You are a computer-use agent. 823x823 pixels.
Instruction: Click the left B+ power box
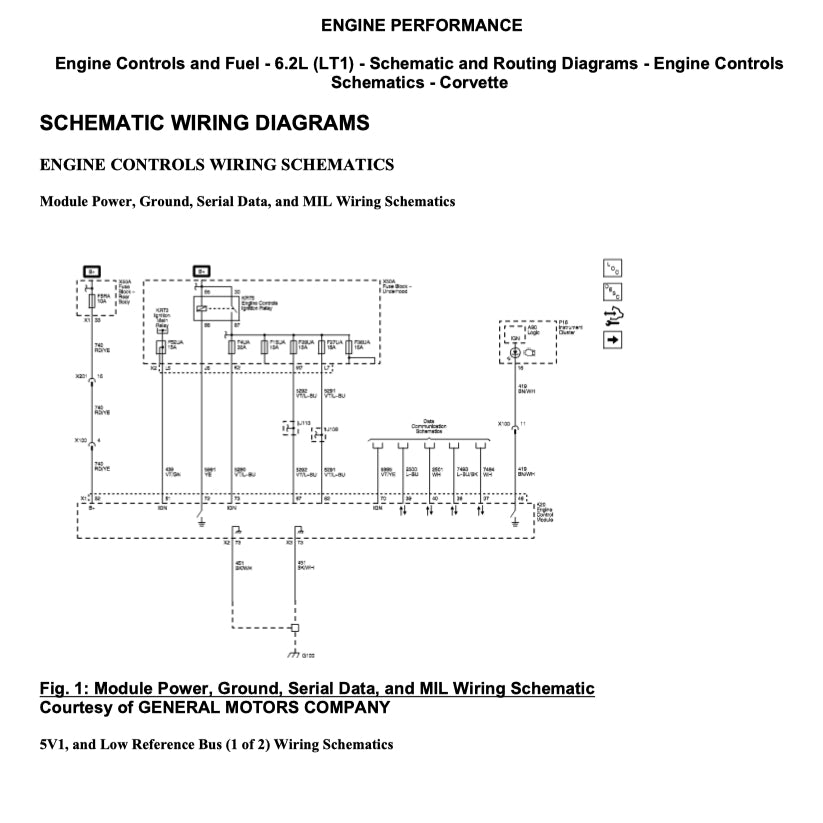91,271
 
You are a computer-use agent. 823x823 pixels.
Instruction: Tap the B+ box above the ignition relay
201,271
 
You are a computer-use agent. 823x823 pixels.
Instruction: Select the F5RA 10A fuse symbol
93,299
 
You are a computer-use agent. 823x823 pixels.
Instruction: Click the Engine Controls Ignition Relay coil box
203,310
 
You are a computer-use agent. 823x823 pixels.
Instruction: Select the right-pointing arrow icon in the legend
612,340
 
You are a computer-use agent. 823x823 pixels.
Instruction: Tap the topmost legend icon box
612,268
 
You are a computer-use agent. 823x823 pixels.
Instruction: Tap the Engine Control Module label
544,512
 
